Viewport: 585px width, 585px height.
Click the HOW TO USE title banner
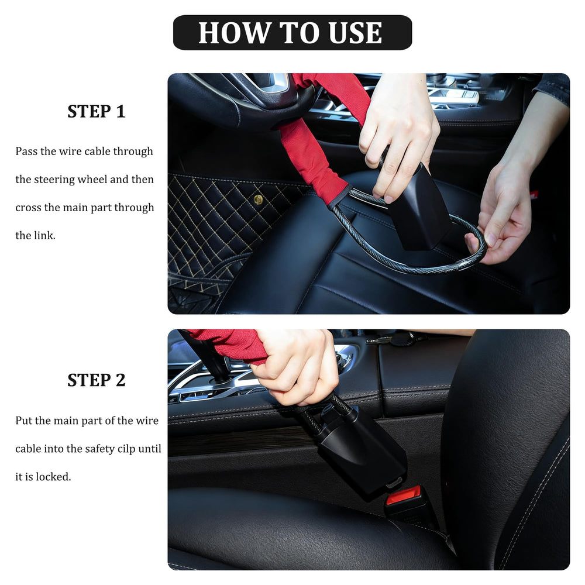coord(292,32)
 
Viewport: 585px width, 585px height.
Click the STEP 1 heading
coord(97,112)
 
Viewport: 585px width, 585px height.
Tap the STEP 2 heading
coord(97,380)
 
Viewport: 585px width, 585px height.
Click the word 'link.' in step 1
coord(45,235)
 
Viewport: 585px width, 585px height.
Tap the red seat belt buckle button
coord(403,495)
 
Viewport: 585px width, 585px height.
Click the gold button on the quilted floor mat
coord(258,199)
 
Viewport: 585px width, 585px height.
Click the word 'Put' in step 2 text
coord(23,421)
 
